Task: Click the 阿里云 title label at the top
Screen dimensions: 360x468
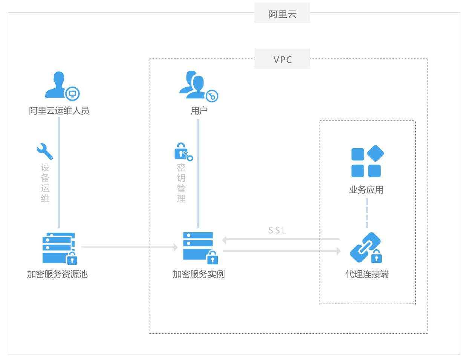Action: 283,14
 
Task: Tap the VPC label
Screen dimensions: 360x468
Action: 283,59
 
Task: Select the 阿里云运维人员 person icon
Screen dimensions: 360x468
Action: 60,86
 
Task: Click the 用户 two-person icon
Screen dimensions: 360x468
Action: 197,86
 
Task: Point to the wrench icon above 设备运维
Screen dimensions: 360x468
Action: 45,151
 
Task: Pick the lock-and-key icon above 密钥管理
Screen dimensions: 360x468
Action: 183,151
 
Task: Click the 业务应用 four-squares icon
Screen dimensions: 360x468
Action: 367,161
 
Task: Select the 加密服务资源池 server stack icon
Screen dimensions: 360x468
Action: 59,248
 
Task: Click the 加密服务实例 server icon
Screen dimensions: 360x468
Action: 199,247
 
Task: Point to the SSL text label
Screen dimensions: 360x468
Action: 277,230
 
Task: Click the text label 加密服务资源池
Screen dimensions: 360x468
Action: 57,274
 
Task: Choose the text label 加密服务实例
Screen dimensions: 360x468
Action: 199,274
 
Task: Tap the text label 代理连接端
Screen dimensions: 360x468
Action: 367,274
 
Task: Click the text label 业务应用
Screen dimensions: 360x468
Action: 366,190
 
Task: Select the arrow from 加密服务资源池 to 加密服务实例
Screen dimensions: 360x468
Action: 129,247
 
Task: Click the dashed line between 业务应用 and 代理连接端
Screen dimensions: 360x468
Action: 367,213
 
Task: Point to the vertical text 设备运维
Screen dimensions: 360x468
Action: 45,183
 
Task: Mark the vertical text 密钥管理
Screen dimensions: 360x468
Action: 181,183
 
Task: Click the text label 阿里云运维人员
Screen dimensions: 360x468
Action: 59,111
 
